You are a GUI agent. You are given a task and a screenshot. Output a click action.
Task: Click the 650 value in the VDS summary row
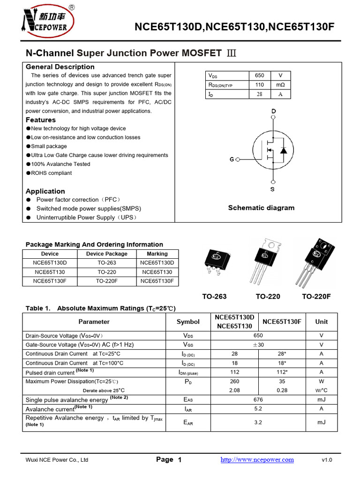259,75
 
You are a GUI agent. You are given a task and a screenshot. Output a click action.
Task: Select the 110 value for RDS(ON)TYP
259,85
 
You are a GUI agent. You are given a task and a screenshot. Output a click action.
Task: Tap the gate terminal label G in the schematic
232,160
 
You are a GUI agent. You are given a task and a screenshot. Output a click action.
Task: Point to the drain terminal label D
273,111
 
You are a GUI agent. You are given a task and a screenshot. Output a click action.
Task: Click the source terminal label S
272,189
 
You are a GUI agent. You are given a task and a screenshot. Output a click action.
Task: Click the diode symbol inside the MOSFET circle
283,150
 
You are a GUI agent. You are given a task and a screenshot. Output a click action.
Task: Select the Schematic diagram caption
261,208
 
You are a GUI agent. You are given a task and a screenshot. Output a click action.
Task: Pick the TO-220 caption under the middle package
268,297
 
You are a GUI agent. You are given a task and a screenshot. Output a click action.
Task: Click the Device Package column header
107,254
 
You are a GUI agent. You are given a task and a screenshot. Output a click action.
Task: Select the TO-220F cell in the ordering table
107,281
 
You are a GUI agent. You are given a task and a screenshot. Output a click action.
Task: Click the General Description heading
60,67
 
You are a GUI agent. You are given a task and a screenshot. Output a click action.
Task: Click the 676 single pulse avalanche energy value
258,400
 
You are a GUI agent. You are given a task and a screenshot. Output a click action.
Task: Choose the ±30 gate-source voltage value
258,345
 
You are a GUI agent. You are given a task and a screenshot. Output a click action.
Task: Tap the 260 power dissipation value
235,382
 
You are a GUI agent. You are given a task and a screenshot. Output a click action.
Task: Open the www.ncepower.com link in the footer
257,460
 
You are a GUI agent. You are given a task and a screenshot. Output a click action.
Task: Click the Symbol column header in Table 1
188,322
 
